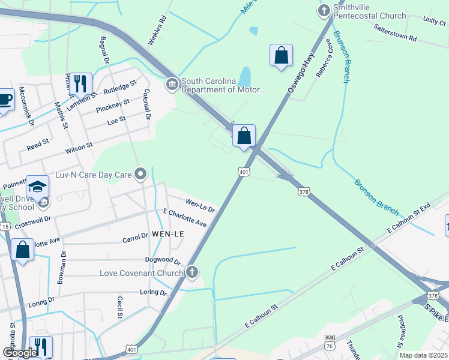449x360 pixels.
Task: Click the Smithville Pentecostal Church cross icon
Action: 324,10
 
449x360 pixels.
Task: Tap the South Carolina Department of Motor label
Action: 223,86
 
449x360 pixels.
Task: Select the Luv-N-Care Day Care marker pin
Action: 141,175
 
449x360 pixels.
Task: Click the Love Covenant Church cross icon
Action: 191,273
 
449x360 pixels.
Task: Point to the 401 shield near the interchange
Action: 243,172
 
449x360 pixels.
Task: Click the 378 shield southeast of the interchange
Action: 304,192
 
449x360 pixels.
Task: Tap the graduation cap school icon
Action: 37,187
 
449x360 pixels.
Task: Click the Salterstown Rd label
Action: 394,32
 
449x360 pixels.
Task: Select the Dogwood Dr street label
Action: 163,260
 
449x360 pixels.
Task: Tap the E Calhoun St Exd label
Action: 409,218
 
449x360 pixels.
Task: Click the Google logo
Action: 20,353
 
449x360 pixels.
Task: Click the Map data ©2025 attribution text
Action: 423,355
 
